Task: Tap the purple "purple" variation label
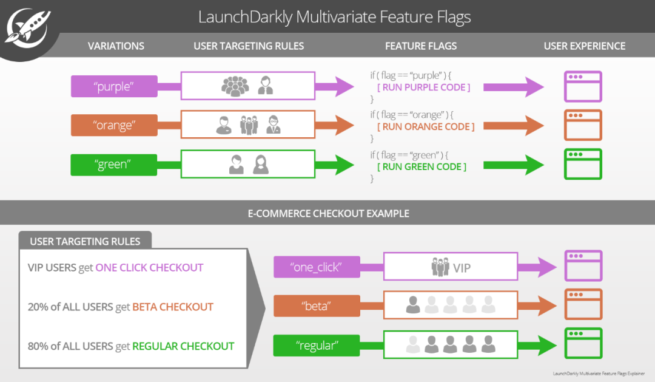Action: pyautogui.click(x=114, y=86)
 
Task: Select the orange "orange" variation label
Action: pyautogui.click(x=114, y=126)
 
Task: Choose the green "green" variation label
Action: pyautogui.click(x=114, y=165)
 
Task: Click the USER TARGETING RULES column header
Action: pyautogui.click(x=249, y=46)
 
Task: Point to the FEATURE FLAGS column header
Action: pyautogui.click(x=421, y=46)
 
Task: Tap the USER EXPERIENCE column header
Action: pyautogui.click(x=584, y=46)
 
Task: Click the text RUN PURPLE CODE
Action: pyautogui.click(x=423, y=87)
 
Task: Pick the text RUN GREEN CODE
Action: pyautogui.click(x=422, y=166)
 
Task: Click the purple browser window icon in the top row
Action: pyautogui.click(x=583, y=86)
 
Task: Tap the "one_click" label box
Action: pyautogui.click(x=317, y=267)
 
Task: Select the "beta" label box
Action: pyautogui.click(x=317, y=306)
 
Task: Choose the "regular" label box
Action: pyautogui.click(x=317, y=346)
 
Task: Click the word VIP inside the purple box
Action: pyautogui.click(x=462, y=268)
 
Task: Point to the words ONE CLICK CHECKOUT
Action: pyautogui.click(x=149, y=268)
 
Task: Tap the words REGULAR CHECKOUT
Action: pyautogui.click(x=183, y=346)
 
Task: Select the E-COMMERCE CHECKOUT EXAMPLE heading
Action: pyautogui.click(x=328, y=214)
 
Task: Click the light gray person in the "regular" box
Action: pyautogui.click(x=412, y=345)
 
